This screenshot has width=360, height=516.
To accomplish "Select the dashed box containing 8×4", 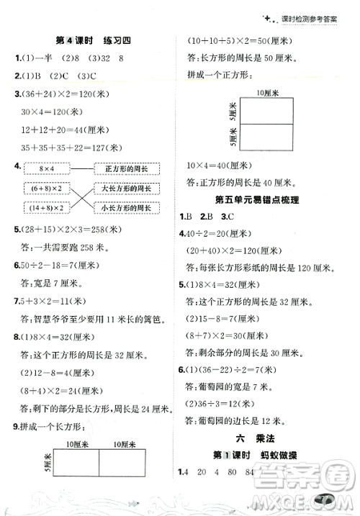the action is (48, 168).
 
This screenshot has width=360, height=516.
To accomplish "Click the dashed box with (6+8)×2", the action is (48, 189).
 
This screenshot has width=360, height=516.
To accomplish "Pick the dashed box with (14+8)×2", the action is (48, 209).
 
